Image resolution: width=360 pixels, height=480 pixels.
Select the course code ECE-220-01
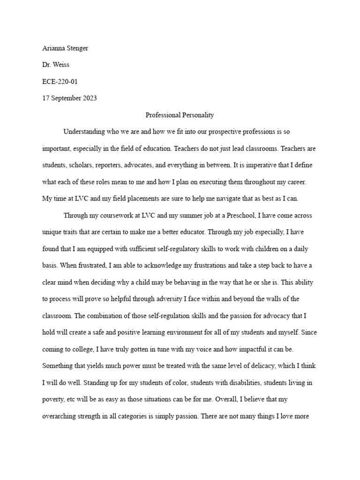(x=60, y=82)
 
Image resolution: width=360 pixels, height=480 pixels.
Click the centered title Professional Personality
(x=180, y=114)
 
